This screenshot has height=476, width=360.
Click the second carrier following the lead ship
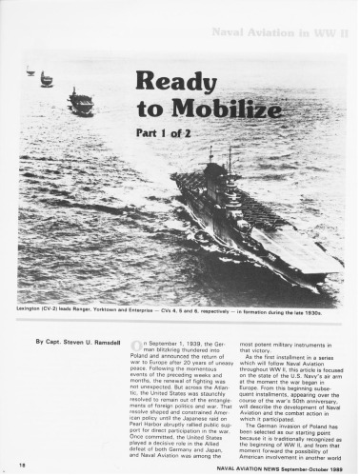pyautogui.click(x=81, y=101)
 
